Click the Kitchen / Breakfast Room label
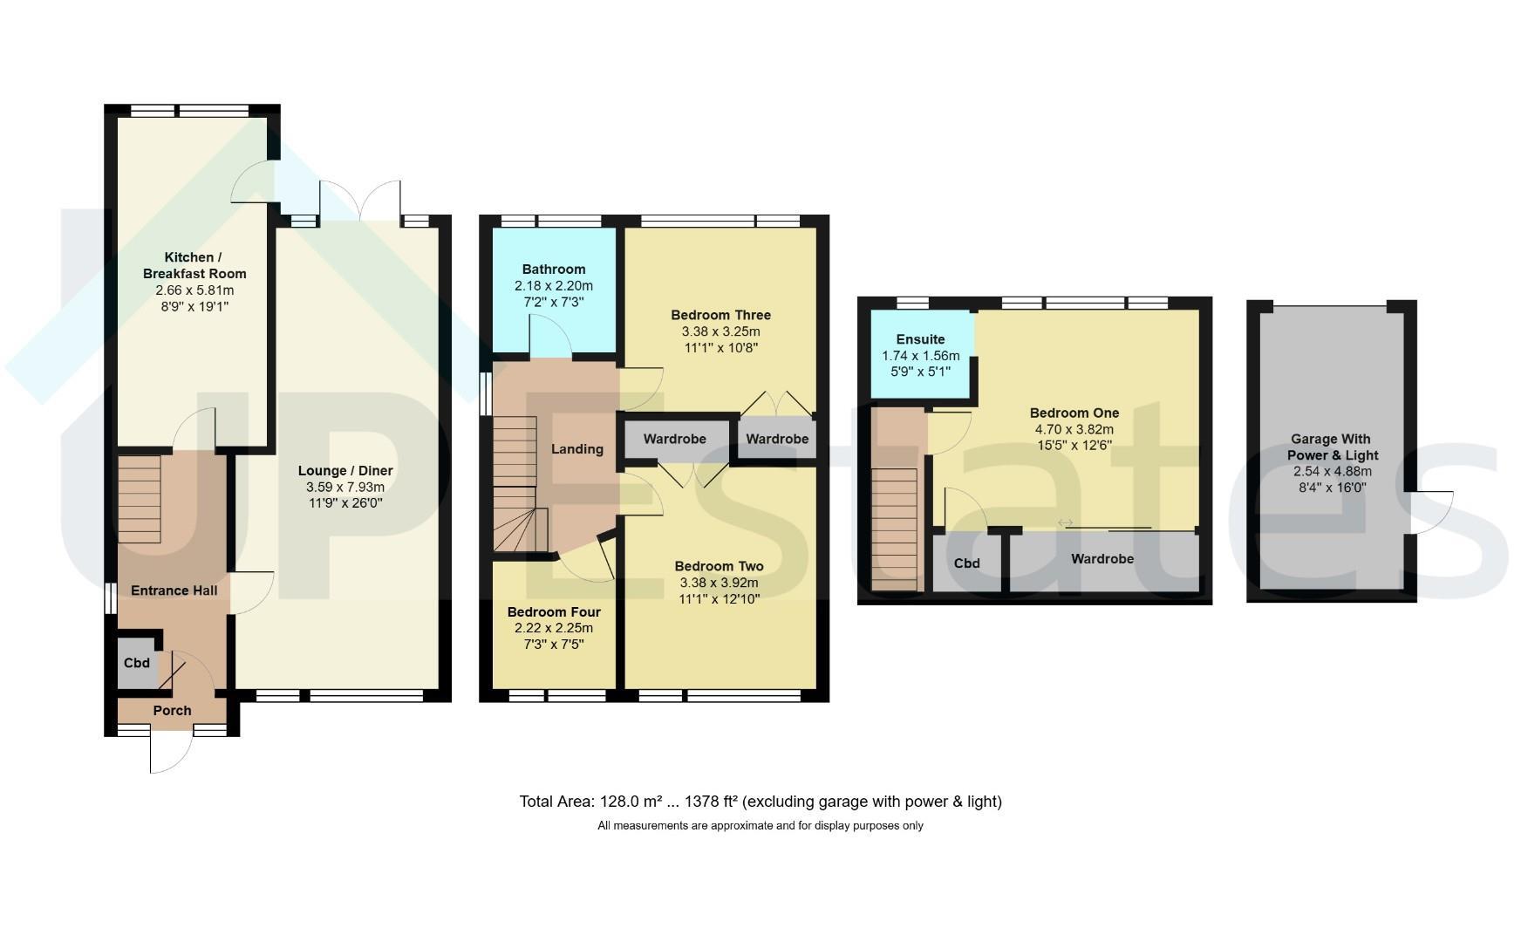point(194,265)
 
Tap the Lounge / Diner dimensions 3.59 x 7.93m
point(345,487)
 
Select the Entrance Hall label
point(174,590)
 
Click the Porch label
point(173,711)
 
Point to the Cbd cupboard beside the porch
point(137,663)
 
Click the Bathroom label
point(554,270)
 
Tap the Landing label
point(577,449)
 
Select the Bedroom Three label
point(721,315)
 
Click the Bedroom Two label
point(720,566)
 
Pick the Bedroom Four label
point(554,612)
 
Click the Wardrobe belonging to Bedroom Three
point(777,439)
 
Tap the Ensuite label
point(921,339)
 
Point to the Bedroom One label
point(1074,413)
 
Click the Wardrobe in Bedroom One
point(1102,559)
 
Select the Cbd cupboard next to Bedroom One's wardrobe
point(966,563)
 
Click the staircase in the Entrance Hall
point(140,500)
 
